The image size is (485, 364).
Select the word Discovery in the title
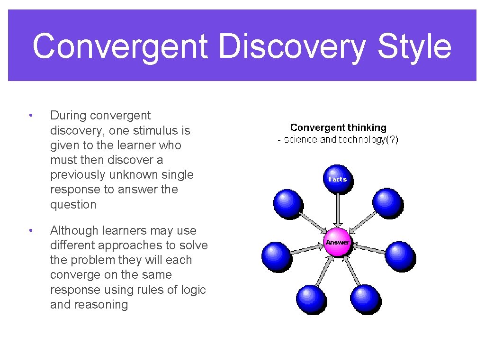tap(293, 47)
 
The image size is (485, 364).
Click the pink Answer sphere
tap(337, 242)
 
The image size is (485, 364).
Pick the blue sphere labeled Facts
tap(338, 179)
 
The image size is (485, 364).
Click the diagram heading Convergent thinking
tap(338, 127)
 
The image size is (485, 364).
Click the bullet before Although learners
tap(30, 230)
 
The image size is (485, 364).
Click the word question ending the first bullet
tap(73, 204)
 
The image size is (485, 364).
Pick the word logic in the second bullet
tap(193, 290)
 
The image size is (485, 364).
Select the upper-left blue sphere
tap(287, 202)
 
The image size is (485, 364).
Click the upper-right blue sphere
tap(387, 202)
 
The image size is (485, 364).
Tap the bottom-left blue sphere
tap(311, 299)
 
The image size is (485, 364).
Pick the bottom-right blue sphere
tap(365, 299)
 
